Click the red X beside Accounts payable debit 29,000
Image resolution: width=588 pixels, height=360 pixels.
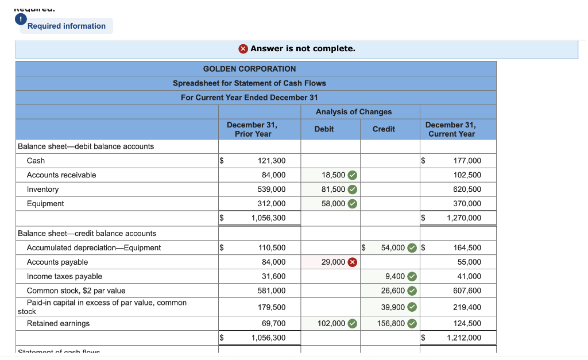click(x=353, y=262)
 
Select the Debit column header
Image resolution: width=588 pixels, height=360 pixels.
click(x=324, y=129)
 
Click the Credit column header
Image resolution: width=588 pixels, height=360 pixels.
click(x=384, y=129)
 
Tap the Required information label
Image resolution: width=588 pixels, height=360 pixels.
click(x=67, y=26)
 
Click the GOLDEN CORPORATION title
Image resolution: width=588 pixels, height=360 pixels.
click(x=250, y=69)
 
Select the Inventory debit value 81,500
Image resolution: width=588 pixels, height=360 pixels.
click(x=334, y=189)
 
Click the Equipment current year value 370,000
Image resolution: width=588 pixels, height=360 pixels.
click(x=467, y=204)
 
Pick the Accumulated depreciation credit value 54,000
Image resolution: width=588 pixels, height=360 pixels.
click(x=393, y=248)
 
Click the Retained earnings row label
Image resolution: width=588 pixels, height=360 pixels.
click(x=59, y=324)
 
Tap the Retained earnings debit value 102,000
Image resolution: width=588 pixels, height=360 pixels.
click(x=331, y=324)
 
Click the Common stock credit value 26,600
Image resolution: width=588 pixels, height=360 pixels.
click(x=393, y=291)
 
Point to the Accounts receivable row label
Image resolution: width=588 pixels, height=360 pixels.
click(x=61, y=175)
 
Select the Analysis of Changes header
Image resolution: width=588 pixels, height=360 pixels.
click(x=354, y=112)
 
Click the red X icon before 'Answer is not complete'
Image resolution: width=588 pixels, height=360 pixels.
click(x=243, y=49)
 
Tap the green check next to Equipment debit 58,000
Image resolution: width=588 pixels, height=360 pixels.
click(x=353, y=204)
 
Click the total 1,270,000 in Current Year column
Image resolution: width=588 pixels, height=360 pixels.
click(x=464, y=218)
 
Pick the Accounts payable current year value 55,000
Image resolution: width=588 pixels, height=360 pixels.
click(x=469, y=262)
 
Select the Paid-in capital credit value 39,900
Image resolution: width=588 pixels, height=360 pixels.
click(x=393, y=308)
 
